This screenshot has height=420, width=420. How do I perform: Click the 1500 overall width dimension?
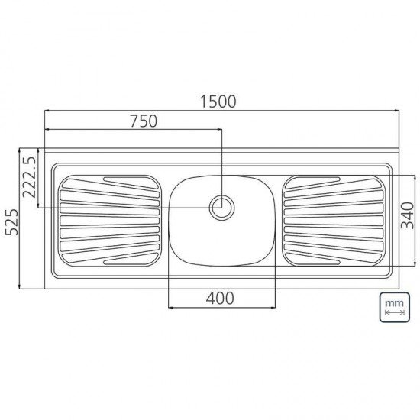(x=220, y=101)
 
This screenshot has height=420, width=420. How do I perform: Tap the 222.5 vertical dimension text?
(x=30, y=178)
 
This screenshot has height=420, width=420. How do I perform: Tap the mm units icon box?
(x=393, y=308)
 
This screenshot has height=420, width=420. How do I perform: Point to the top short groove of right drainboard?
(x=313, y=182)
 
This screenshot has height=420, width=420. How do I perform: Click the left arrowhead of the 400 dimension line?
(x=170, y=307)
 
